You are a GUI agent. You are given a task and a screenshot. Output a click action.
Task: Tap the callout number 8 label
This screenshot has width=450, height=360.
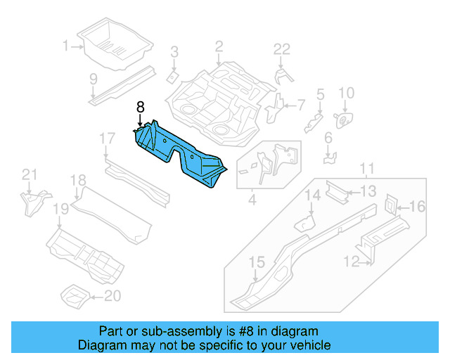pos(140,107)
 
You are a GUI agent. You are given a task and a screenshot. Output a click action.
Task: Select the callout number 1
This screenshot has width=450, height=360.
pos(66,46)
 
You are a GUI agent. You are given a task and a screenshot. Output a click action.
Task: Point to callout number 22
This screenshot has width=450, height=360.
pos(281,49)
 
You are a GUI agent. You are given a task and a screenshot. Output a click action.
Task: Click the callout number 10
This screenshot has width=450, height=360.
pos(346,93)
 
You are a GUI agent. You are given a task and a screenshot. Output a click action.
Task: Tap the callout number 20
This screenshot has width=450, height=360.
pos(112,296)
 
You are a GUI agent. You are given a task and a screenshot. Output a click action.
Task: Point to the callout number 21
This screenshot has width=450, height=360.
pos(28,174)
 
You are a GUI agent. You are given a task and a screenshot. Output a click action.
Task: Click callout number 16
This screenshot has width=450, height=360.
pos(417,206)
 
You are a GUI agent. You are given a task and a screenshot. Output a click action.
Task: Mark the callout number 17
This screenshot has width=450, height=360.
pos(106,138)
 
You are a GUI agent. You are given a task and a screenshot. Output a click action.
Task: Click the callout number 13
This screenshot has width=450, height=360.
pos(368,191)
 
